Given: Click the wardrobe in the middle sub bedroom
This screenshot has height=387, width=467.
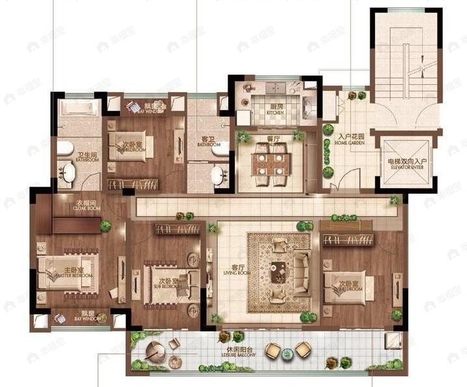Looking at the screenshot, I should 176,229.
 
